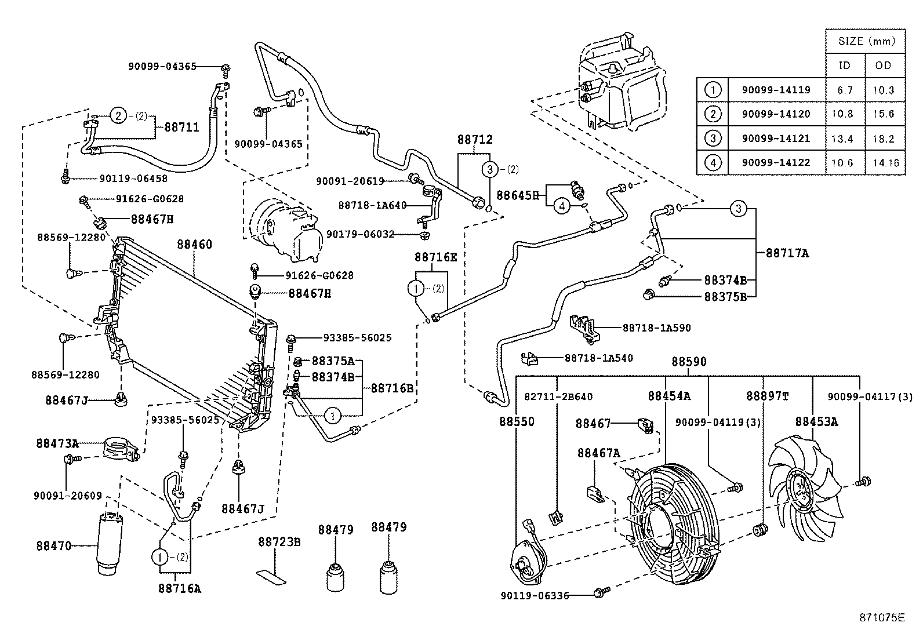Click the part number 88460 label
pos(195,245)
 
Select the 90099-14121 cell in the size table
pos(776,139)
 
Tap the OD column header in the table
pos(883,65)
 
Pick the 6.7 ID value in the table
pos(845,90)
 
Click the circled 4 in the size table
pos(713,163)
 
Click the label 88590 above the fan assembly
pos(689,362)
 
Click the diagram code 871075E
pos(881,617)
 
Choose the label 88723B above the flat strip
pos(279,542)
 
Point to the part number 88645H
pos(518,195)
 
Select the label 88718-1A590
pos(656,327)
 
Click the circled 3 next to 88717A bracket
pos(737,209)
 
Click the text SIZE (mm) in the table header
pos(866,41)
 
